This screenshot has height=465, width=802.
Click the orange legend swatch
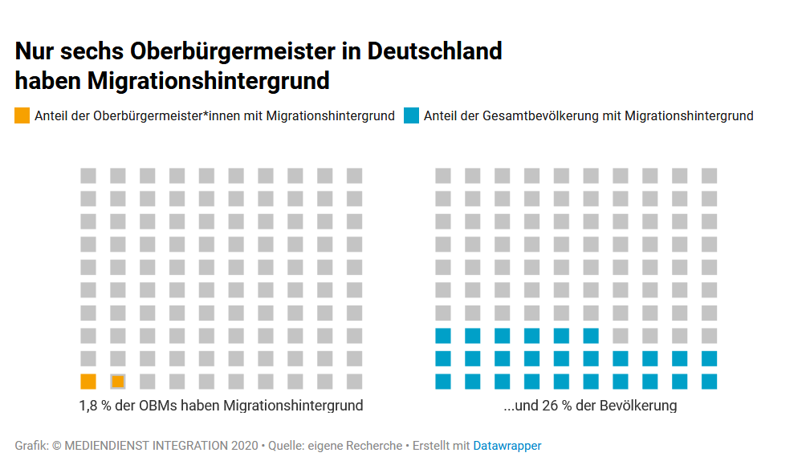[22, 115]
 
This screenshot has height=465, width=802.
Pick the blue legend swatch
[411, 115]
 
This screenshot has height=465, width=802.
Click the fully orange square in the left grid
[88, 382]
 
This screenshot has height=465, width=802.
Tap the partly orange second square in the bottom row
[118, 382]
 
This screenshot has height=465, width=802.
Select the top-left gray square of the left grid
[88, 176]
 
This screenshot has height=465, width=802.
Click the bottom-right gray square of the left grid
[354, 382]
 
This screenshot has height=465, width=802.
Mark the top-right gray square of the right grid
[709, 176]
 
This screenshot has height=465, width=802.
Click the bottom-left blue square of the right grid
[443, 382]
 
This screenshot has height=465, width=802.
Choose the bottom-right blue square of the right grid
[709, 382]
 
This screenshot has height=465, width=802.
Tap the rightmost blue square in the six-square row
[591, 335]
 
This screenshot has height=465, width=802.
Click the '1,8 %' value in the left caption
[96, 406]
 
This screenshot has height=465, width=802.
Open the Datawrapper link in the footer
[507, 446]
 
